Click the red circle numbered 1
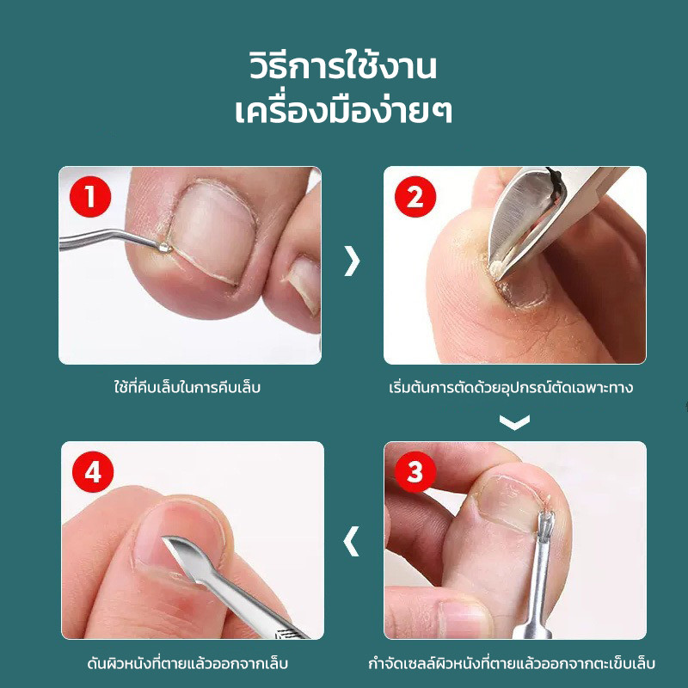(x=90, y=197)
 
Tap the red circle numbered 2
(x=415, y=197)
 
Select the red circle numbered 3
(x=415, y=472)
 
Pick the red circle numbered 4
(x=93, y=472)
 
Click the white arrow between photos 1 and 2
(x=352, y=261)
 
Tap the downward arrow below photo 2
(x=514, y=422)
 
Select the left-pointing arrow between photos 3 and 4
(x=351, y=541)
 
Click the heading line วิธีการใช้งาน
(x=343, y=67)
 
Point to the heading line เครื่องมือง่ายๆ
(x=343, y=112)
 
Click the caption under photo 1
(x=187, y=388)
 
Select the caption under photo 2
(x=511, y=388)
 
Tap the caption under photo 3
(x=512, y=663)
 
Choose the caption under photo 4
(x=187, y=663)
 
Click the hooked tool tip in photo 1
(x=165, y=248)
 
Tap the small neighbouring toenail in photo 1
(x=304, y=284)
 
